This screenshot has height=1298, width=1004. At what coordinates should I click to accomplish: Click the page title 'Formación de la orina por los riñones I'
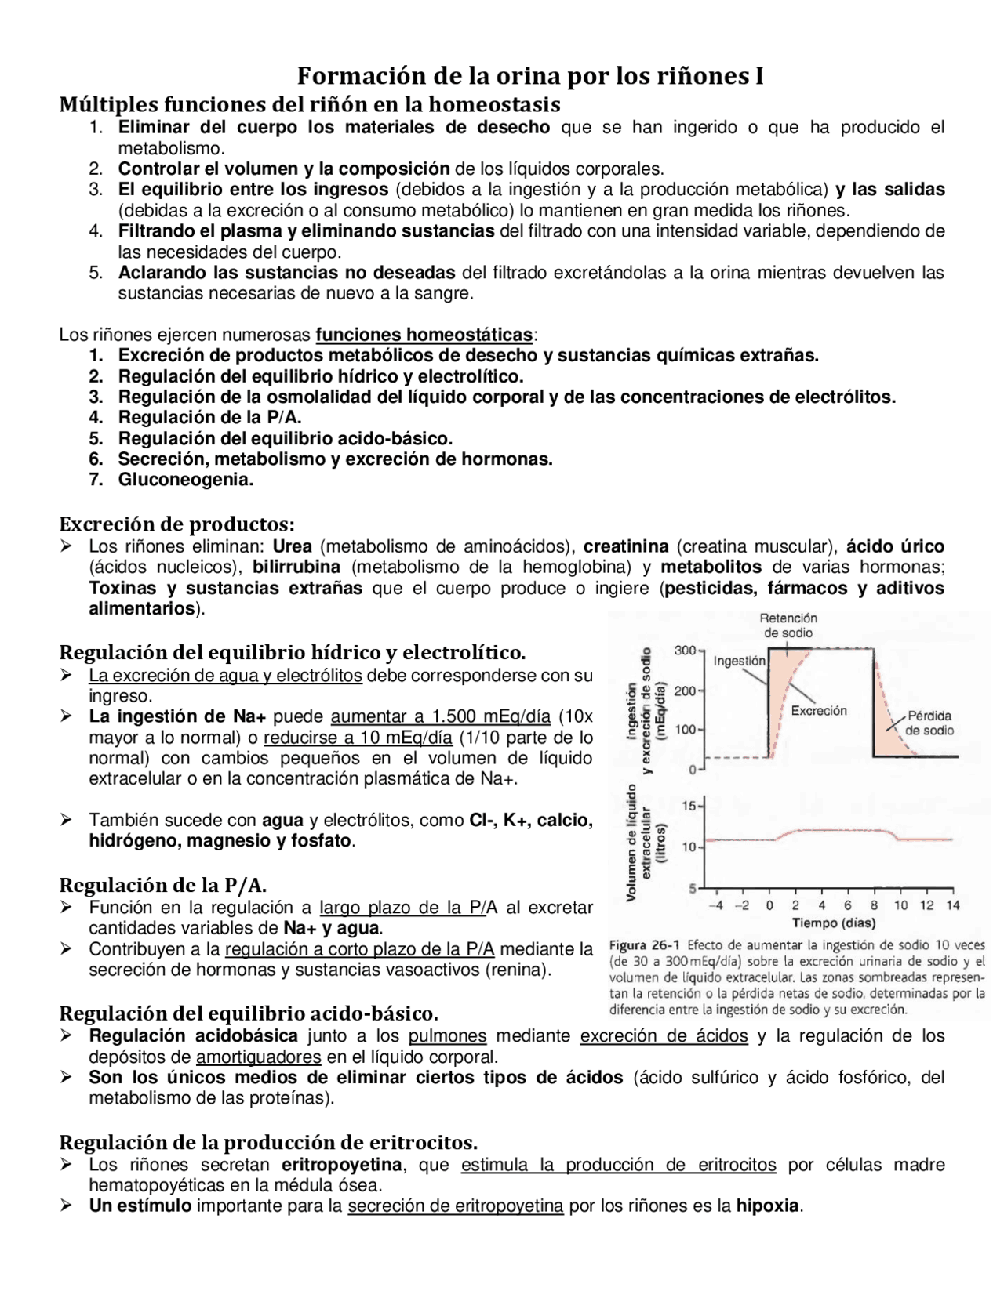tap(529, 77)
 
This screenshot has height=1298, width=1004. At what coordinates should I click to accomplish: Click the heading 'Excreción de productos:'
tap(177, 524)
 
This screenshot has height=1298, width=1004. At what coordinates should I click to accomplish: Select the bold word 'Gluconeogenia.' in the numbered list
tap(186, 480)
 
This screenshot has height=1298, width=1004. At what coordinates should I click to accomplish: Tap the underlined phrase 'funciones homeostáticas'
tap(424, 335)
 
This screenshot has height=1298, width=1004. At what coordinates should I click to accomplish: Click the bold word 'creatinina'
tap(626, 546)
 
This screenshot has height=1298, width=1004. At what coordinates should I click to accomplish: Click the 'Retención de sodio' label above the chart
tap(788, 625)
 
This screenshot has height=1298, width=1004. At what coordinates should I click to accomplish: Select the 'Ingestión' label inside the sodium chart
tap(739, 661)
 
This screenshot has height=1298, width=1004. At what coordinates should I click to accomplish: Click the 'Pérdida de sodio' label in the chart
tap(929, 723)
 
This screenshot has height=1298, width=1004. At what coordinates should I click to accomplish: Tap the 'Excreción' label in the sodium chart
tap(819, 711)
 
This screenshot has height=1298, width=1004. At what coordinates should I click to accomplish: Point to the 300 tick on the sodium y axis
tap(684, 650)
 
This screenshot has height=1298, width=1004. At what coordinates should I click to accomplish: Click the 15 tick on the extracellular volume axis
tap(689, 806)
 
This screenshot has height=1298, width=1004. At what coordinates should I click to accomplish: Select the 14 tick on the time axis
tap(952, 905)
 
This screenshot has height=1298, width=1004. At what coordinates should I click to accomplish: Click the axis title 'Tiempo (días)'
tap(834, 923)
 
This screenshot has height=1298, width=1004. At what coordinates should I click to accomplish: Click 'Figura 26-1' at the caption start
tap(644, 945)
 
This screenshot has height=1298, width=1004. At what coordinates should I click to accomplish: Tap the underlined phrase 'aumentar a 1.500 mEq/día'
tap(440, 716)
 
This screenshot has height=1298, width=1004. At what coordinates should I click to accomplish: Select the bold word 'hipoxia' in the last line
tap(767, 1206)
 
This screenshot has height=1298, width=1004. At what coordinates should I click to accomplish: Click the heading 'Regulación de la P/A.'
tap(163, 886)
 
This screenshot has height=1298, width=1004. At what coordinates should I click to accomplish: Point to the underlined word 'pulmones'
tap(447, 1036)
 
